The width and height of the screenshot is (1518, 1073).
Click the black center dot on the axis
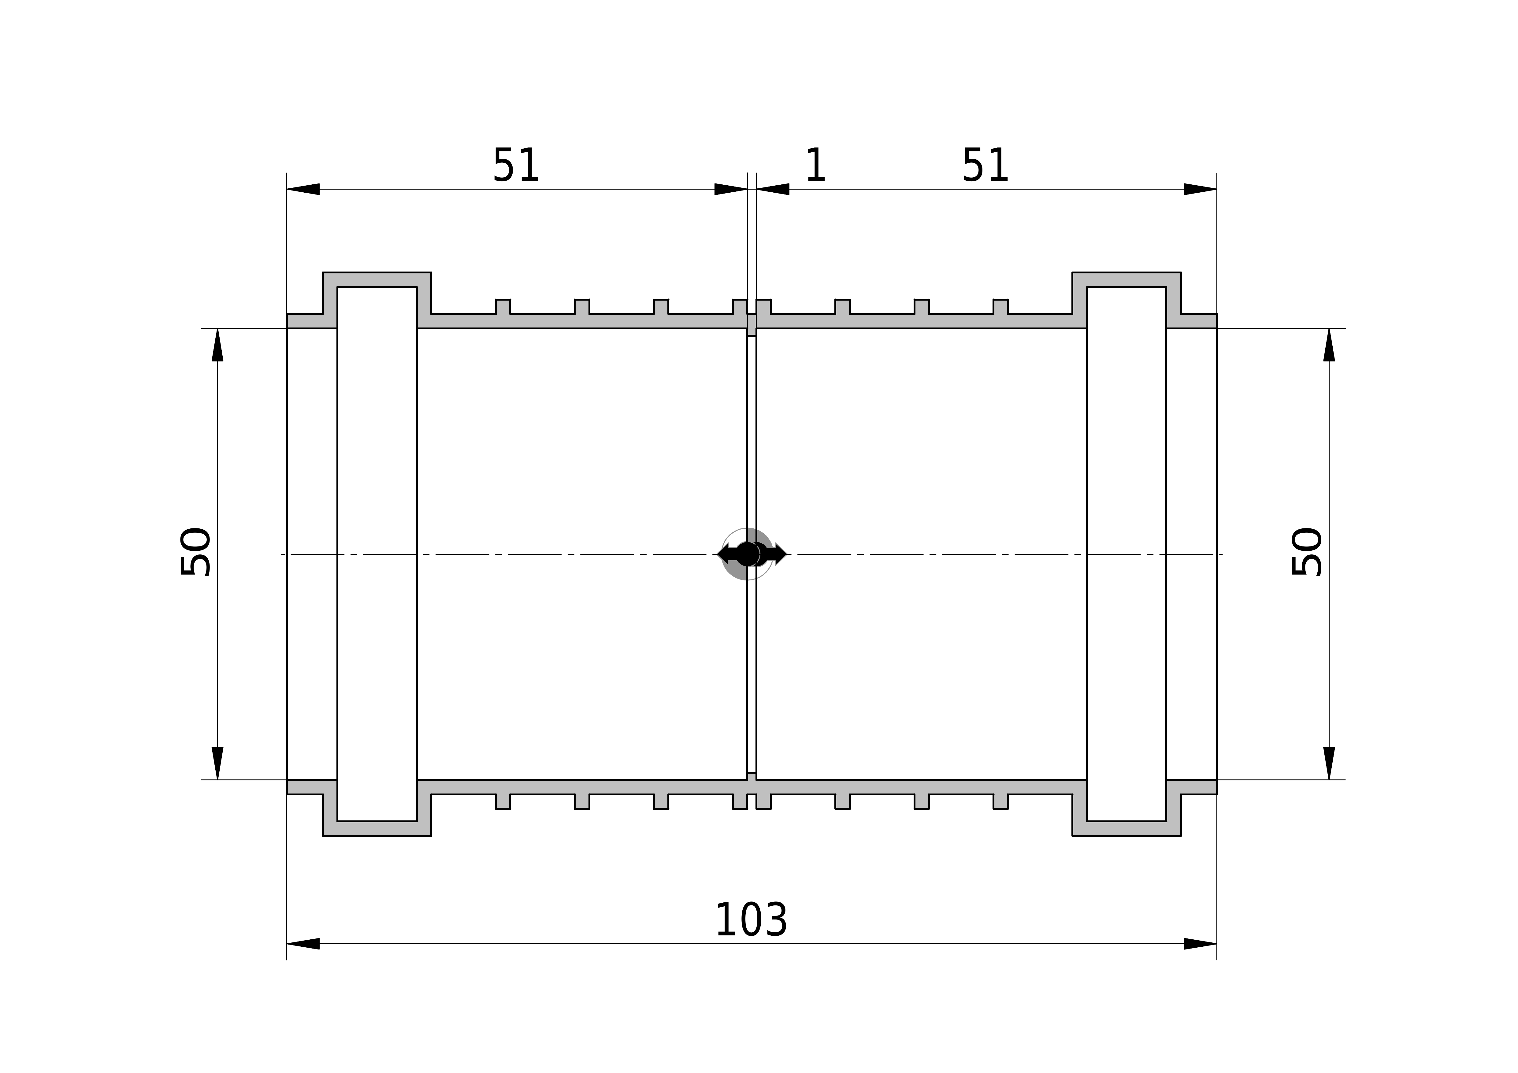747,554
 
